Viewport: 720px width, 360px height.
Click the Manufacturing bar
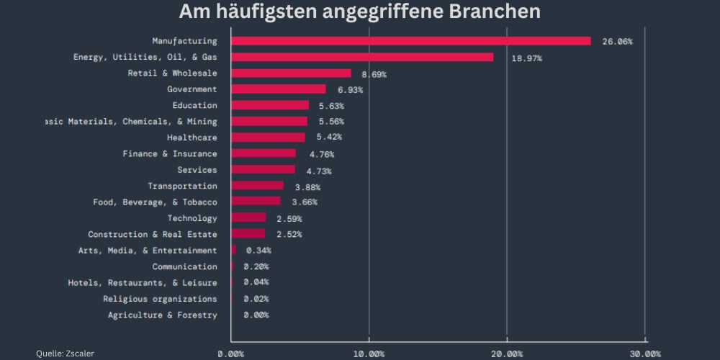[x=410, y=41]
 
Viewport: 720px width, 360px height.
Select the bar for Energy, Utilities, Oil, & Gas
[x=362, y=57]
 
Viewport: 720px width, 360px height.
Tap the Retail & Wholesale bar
[x=291, y=73]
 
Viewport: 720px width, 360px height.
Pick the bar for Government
[x=279, y=89]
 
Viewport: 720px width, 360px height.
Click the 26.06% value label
[x=617, y=42]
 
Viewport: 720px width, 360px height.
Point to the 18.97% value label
[x=527, y=58]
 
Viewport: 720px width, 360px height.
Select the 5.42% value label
[x=329, y=137]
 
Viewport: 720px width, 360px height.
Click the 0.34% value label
[x=258, y=251]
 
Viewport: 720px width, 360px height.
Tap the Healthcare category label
[x=192, y=137]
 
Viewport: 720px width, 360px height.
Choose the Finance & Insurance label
[x=169, y=153]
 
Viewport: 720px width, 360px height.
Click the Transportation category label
[x=182, y=186]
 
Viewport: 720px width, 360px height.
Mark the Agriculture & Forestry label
[x=162, y=315]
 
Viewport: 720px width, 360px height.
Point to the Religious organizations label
[x=160, y=299]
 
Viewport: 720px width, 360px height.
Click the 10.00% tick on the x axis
[x=369, y=354]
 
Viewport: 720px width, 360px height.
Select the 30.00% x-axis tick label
[x=644, y=354]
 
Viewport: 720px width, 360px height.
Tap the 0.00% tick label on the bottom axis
[x=231, y=354]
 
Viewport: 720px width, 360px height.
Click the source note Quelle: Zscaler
[x=65, y=354]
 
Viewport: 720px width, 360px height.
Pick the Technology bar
[x=248, y=217]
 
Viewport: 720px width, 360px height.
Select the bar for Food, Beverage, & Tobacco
[x=256, y=202]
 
